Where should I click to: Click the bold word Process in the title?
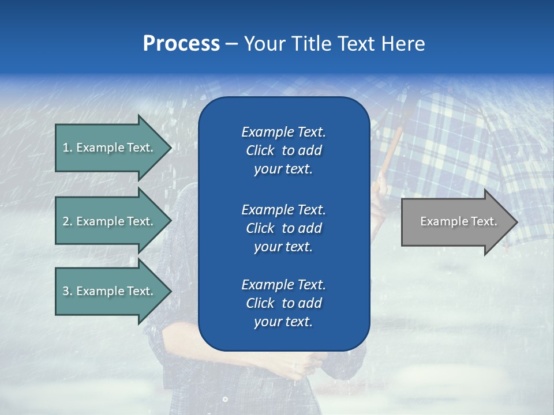181,44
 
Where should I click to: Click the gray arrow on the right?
456,222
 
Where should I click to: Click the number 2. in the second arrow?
68,221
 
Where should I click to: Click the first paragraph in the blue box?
283,150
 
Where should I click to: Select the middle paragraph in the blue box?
283,228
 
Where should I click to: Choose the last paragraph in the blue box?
283,303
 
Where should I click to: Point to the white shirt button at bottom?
225,399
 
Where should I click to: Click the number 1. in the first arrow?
68,148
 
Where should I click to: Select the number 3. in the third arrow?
68,291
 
